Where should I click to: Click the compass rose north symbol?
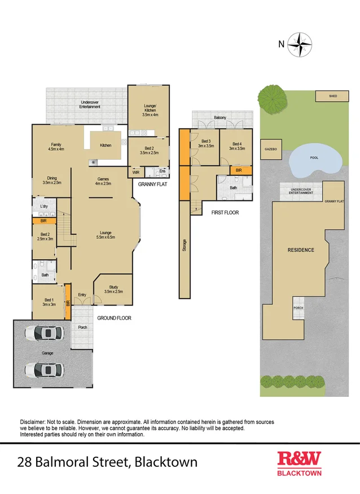(300, 44)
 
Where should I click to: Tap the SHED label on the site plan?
(333, 97)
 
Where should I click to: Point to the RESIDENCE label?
(301, 250)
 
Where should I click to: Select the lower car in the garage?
(43, 370)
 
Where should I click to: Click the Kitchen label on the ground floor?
(106, 145)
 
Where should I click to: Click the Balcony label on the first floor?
(220, 117)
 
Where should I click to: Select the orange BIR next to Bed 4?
(239, 169)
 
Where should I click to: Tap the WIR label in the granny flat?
(136, 172)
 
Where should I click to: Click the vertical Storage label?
(185, 245)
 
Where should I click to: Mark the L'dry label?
(43, 207)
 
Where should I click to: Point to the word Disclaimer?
(34, 422)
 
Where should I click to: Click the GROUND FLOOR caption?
(114, 318)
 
